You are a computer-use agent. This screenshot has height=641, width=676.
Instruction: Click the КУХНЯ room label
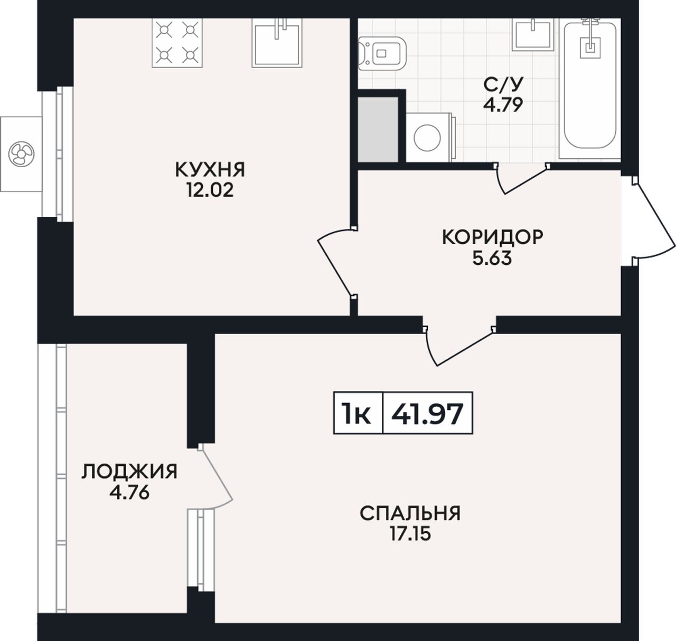click(x=210, y=170)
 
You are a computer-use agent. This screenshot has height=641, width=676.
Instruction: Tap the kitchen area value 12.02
click(x=210, y=189)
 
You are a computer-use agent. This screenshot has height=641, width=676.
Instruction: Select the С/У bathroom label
click(x=503, y=85)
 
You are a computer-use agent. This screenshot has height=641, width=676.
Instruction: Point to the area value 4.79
click(x=503, y=105)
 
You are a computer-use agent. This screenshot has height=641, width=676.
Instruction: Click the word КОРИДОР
click(x=492, y=237)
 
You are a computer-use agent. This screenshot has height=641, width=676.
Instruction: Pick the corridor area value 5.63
click(x=492, y=258)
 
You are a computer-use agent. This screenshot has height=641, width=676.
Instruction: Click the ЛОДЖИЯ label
click(x=129, y=472)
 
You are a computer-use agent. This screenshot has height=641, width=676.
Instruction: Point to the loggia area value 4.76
click(x=129, y=493)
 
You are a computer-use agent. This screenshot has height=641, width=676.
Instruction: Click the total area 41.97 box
click(x=427, y=413)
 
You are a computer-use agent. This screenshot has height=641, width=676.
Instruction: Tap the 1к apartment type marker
click(x=358, y=413)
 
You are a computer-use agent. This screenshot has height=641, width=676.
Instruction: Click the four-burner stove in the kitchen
click(x=177, y=43)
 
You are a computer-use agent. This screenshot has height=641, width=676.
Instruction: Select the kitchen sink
click(x=277, y=43)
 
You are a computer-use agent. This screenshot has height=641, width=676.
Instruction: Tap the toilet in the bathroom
click(x=382, y=54)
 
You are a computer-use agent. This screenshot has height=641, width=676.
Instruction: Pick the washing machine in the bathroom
click(x=431, y=137)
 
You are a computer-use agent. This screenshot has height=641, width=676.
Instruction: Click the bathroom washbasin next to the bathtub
click(x=533, y=34)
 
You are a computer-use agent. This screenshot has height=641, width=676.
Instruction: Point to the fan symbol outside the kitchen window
click(x=21, y=154)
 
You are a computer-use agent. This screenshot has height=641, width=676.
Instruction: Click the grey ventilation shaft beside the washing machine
click(x=378, y=129)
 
